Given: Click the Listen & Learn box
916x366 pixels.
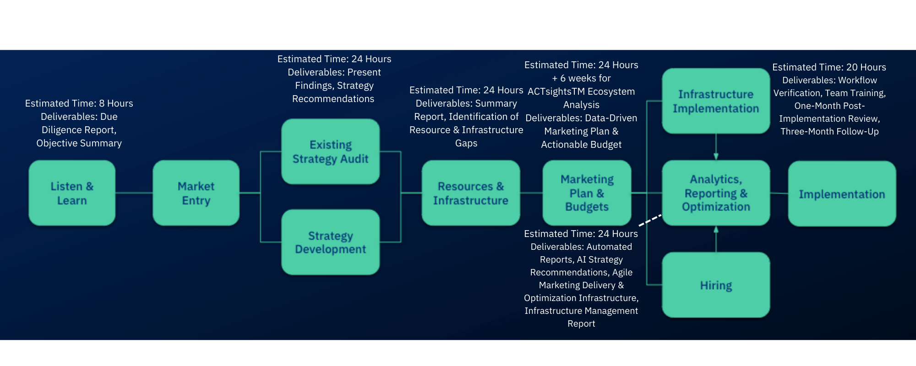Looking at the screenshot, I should click(72, 193).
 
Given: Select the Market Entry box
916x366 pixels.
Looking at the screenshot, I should click(196, 193).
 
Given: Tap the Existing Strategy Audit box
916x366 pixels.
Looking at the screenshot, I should click(330, 151).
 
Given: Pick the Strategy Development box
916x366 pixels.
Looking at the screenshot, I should click(330, 242).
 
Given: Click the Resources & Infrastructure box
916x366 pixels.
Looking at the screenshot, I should click(470, 193).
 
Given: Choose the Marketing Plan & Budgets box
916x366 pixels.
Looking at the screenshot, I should click(587, 193).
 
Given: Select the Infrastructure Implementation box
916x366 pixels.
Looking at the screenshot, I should click(716, 101).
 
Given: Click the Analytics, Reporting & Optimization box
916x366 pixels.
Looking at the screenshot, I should click(716, 193).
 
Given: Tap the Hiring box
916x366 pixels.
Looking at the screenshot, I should click(716, 285).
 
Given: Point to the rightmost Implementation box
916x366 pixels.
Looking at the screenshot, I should click(842, 194).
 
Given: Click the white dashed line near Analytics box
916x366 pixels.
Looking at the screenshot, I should click(650, 220).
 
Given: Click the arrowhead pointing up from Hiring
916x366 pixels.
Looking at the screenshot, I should click(716, 230).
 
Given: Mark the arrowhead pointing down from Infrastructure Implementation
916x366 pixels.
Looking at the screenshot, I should click(716, 156).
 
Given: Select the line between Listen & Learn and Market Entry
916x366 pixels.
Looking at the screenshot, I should click(134, 193).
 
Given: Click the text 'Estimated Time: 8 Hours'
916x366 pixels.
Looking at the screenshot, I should click(79, 103).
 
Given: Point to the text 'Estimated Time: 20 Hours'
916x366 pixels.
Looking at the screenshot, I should click(829, 67).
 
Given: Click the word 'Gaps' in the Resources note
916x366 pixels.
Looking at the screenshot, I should click(466, 143).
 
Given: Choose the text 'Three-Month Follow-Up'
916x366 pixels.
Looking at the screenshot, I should click(829, 131).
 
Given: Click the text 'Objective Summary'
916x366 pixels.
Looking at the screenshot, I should click(79, 143).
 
